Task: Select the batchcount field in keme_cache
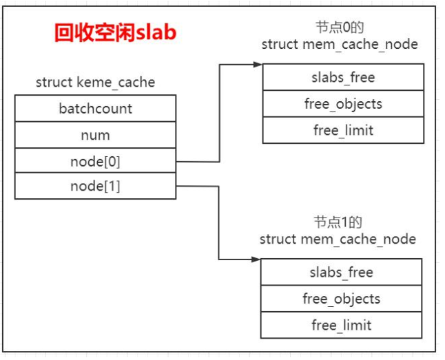pyautogui.click(x=95, y=109)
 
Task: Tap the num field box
pyautogui.click(x=95, y=135)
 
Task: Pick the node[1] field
pyautogui.click(x=95, y=186)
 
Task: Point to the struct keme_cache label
pyautogui.click(x=95, y=83)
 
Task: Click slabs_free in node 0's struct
pyautogui.click(x=343, y=78)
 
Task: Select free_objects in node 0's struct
pyautogui.click(x=343, y=104)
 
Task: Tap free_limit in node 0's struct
pyautogui.click(x=343, y=130)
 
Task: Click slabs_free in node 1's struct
pyautogui.click(x=341, y=273)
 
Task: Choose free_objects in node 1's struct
pyautogui.click(x=341, y=299)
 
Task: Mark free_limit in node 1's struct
pyautogui.click(x=341, y=325)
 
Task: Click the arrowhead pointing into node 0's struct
pyautogui.click(x=258, y=65)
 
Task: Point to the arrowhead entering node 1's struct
pyautogui.click(x=256, y=260)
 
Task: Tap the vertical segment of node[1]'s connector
pyautogui.click(x=219, y=224)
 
